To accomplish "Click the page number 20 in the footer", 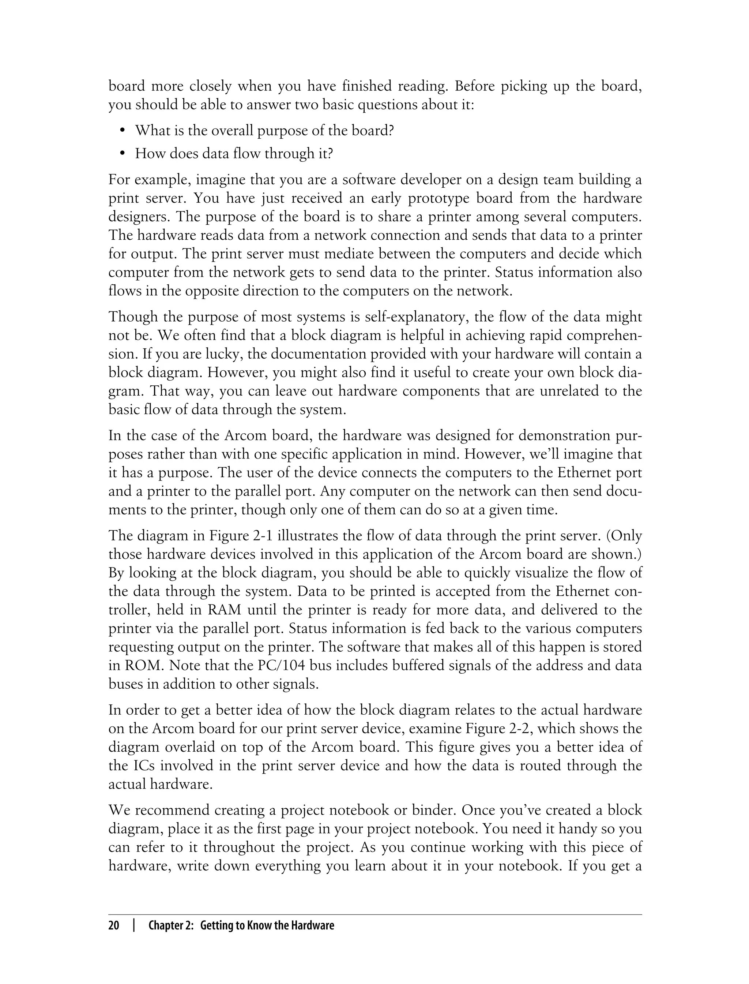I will (x=114, y=925).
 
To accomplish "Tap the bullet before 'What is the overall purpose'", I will (x=122, y=131).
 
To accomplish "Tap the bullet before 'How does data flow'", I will (x=122, y=154).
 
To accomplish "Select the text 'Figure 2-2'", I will (x=500, y=729).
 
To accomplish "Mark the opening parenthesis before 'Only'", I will (x=610, y=536).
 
